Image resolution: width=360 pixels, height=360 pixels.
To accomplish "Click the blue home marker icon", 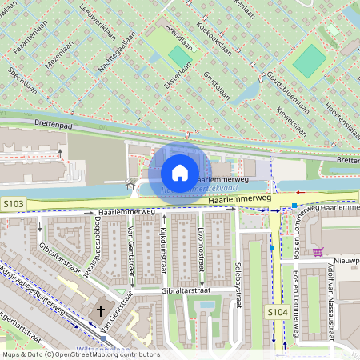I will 180,172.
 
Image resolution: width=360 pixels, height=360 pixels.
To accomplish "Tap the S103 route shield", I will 14,205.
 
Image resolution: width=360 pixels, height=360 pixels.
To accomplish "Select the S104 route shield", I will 277,311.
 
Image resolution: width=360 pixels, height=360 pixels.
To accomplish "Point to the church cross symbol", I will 101,310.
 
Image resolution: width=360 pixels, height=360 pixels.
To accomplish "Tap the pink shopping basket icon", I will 318,251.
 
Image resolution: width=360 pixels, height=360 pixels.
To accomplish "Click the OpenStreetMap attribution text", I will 80,354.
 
